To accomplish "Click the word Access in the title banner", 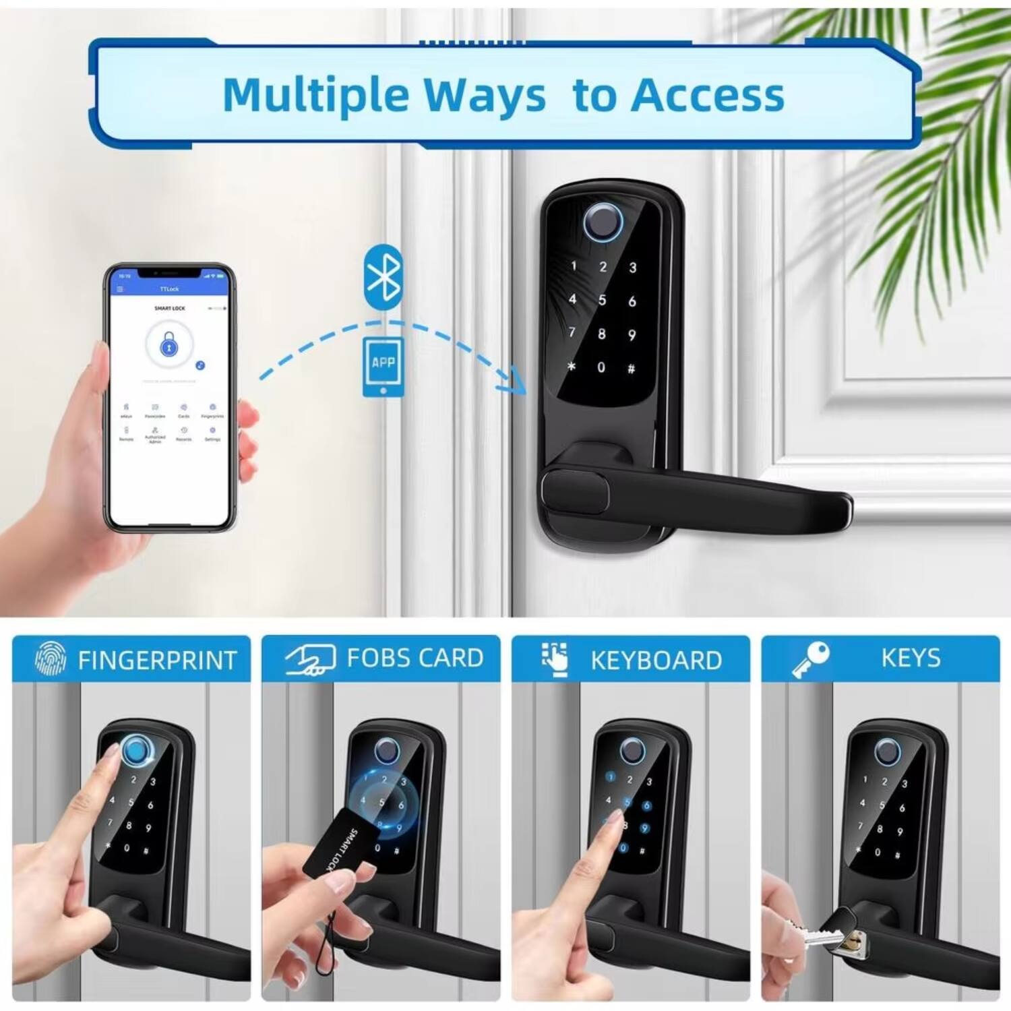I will (708, 95).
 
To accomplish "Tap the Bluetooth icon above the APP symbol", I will (384, 276).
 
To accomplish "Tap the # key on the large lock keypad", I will (631, 369).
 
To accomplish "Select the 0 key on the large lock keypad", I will (601, 367).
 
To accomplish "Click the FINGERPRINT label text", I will (157, 660).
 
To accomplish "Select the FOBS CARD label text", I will (415, 658).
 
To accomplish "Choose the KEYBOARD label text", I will (656, 660).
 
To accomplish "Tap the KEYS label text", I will (911, 658).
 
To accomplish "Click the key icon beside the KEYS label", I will (810, 658).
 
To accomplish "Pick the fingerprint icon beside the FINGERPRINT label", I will (51, 658).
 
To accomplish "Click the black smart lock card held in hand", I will (338, 843).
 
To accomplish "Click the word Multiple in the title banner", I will (315, 95).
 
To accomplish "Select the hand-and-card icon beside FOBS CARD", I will (311, 658).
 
